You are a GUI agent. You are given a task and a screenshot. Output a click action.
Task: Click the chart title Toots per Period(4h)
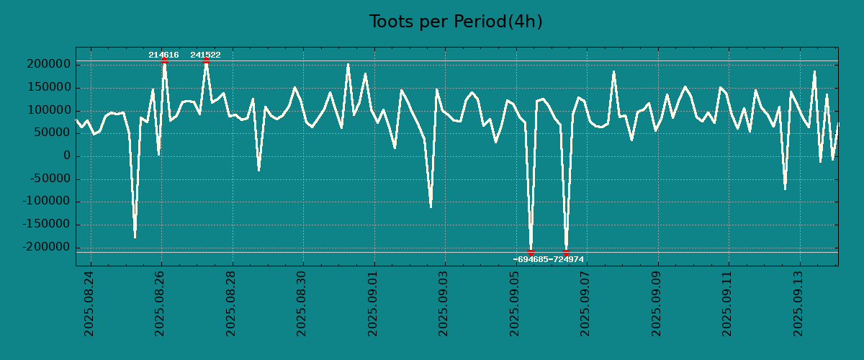456,22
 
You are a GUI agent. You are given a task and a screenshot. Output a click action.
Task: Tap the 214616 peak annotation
163,55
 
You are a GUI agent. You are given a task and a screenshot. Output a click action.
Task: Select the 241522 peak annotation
205,55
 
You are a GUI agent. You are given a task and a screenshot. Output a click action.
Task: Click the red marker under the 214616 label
164,60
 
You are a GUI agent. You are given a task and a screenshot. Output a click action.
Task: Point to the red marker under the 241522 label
206,60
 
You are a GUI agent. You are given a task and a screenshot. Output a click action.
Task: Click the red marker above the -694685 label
531,252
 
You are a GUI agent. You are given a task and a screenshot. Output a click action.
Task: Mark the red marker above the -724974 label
566,252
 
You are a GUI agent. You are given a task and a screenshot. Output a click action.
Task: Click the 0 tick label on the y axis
67,156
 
